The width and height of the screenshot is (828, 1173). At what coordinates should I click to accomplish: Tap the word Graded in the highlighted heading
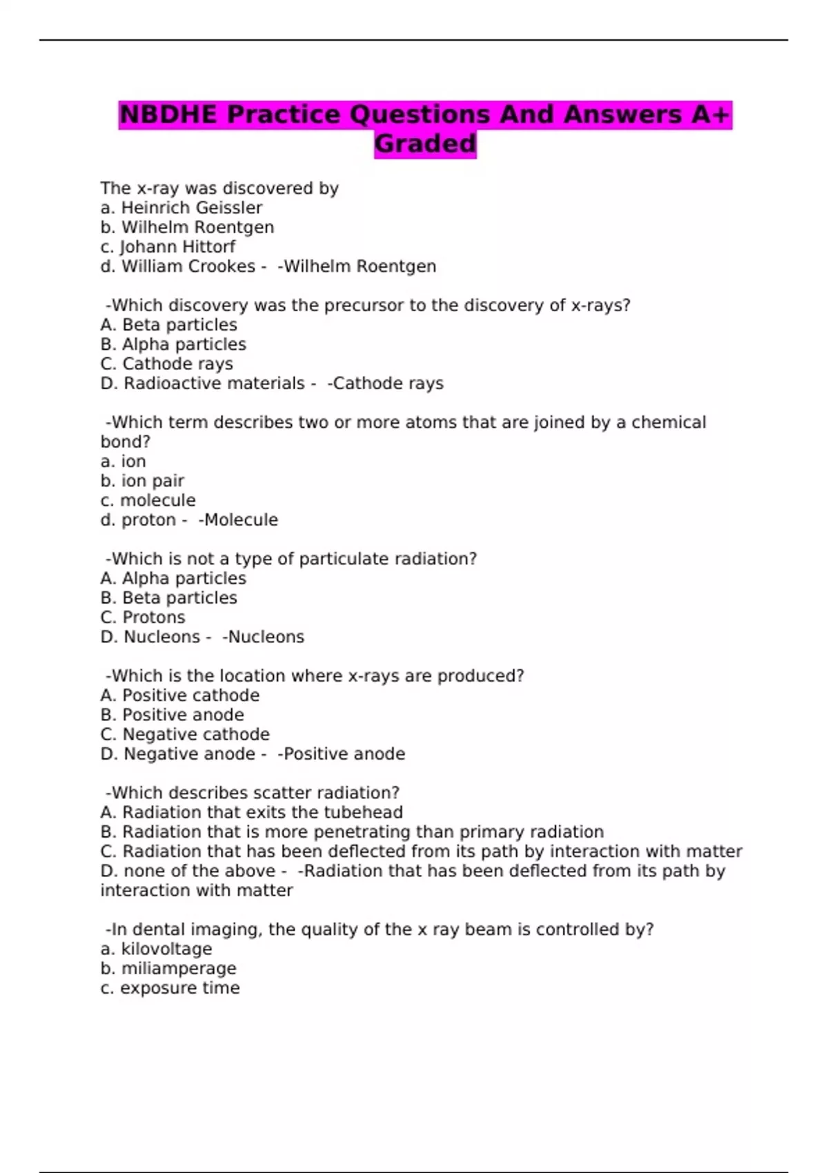pyautogui.click(x=425, y=144)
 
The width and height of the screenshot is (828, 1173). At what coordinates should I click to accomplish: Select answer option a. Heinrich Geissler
pyautogui.click(x=181, y=208)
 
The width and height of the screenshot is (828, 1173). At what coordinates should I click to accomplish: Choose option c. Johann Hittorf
pyautogui.click(x=168, y=247)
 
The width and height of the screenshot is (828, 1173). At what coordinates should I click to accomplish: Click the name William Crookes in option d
pyautogui.click(x=188, y=266)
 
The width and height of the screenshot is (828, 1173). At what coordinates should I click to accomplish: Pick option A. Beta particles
pyautogui.click(x=168, y=325)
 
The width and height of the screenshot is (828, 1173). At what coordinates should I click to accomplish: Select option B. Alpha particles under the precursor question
pyautogui.click(x=173, y=344)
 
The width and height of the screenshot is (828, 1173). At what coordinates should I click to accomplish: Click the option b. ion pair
pyautogui.click(x=142, y=481)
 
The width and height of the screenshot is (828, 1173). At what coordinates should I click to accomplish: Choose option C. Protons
pyautogui.click(x=143, y=618)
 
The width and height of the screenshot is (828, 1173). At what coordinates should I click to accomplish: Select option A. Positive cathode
pyautogui.click(x=180, y=696)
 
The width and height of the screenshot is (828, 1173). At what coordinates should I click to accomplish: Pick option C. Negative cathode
pyautogui.click(x=185, y=735)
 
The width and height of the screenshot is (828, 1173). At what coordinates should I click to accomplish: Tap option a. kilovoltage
pyautogui.click(x=156, y=949)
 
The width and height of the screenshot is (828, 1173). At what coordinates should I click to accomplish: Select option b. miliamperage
pyautogui.click(x=168, y=969)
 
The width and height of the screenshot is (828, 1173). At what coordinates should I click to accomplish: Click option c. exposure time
pyautogui.click(x=170, y=988)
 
